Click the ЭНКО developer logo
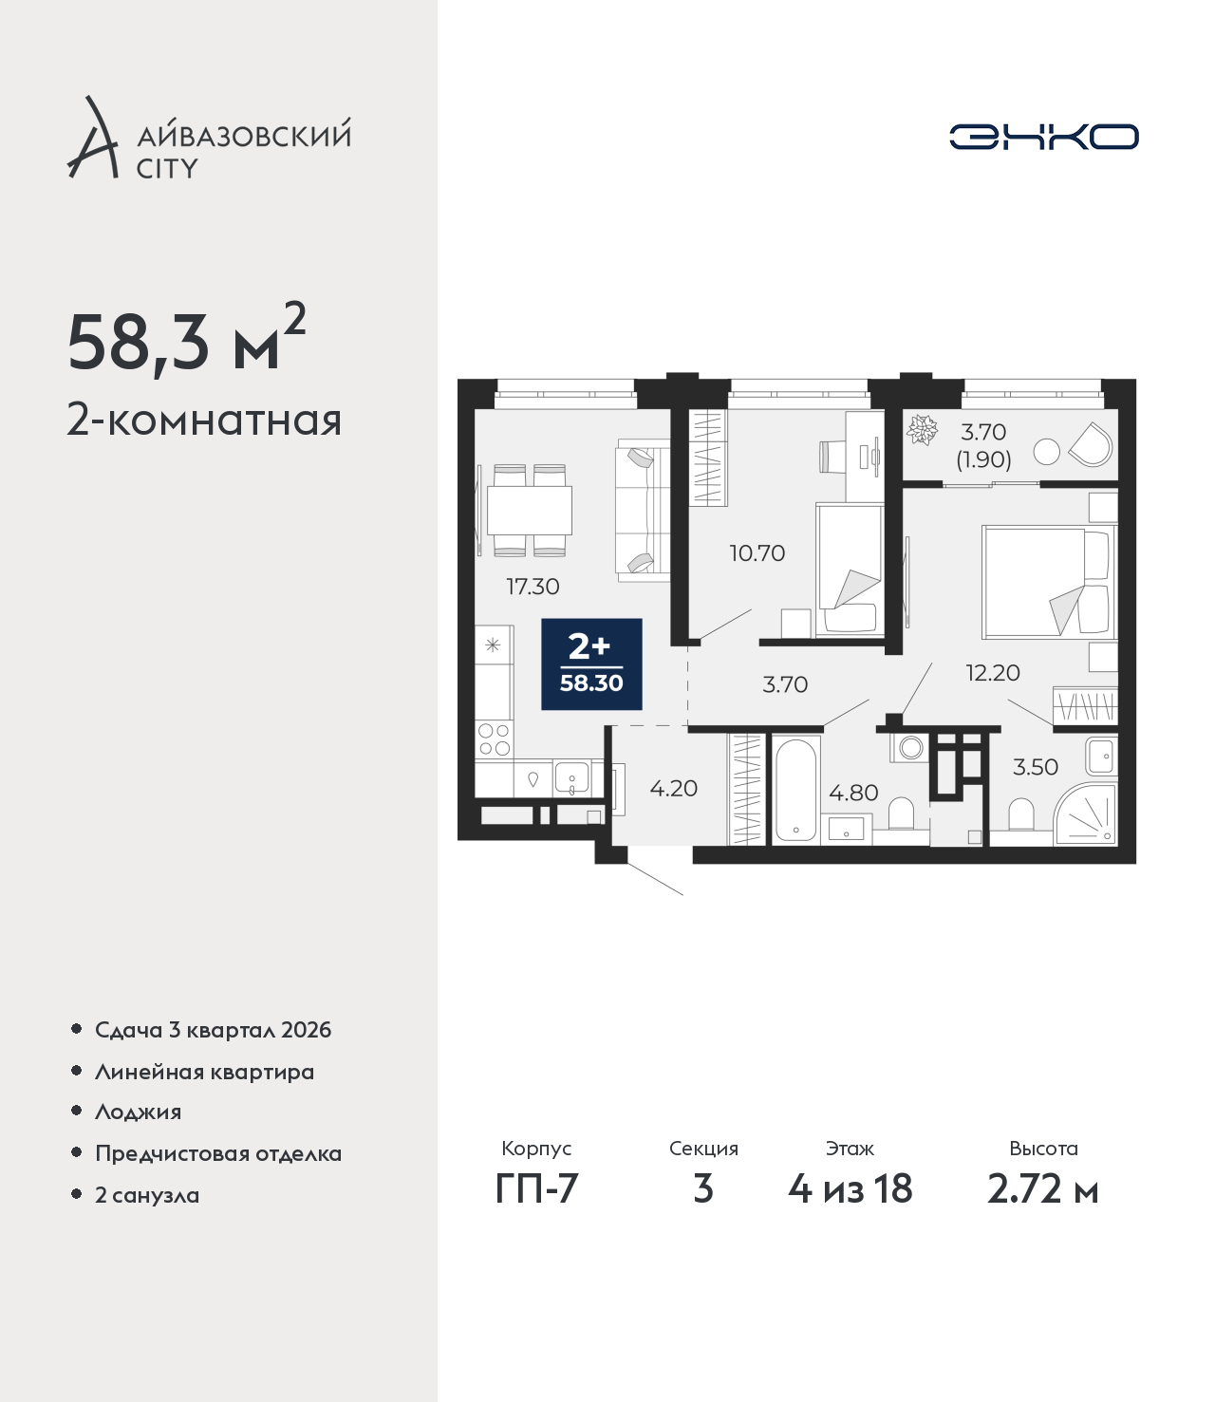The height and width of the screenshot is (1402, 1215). click(x=1043, y=137)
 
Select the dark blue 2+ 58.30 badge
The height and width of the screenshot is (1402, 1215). click(x=591, y=664)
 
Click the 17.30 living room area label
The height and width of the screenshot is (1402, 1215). click(x=533, y=586)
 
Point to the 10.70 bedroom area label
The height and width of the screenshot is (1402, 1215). click(x=757, y=552)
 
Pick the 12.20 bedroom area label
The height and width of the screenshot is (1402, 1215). click(x=993, y=672)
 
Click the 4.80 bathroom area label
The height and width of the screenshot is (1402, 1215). click(x=853, y=793)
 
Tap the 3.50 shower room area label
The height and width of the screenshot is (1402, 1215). click(x=1036, y=766)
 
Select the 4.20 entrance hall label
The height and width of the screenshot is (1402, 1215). click(x=674, y=788)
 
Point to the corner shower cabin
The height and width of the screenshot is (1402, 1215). click(x=1085, y=815)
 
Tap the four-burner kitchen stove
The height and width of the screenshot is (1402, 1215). click(x=494, y=739)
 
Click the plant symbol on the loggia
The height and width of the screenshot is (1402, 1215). click(x=923, y=430)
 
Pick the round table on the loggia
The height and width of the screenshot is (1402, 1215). click(x=1047, y=452)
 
